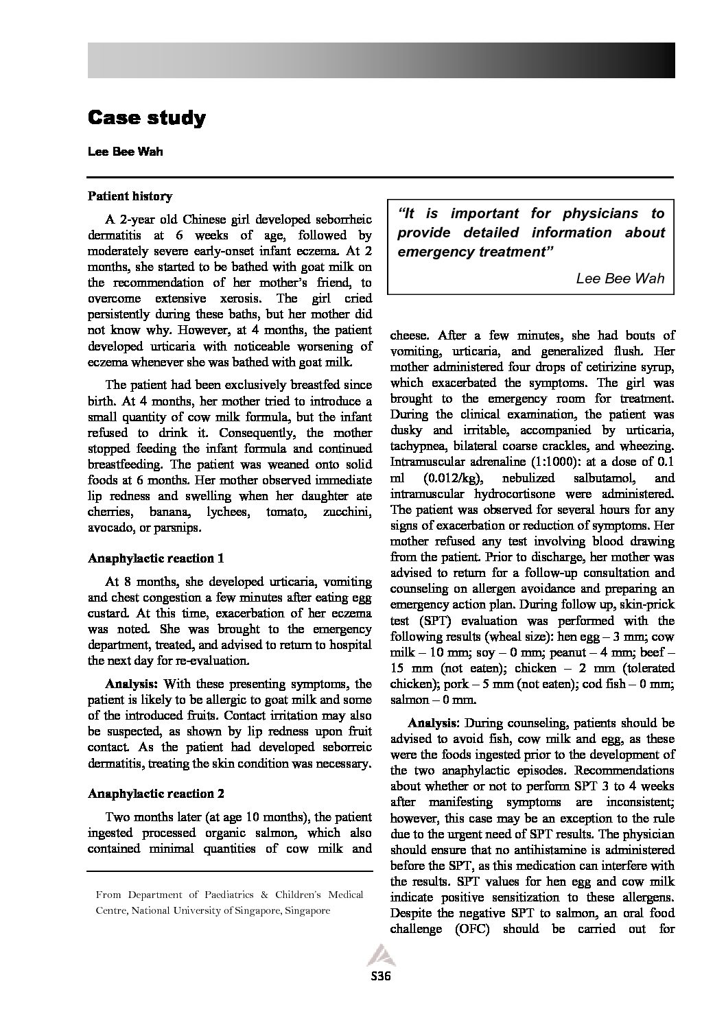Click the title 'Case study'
pyautogui.click(x=146, y=118)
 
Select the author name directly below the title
pyautogui.click(x=125, y=152)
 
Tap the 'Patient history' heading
pyautogui.click(x=130, y=196)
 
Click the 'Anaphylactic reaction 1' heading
pyautogui.click(x=156, y=558)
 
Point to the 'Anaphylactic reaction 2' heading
pyautogui.click(x=156, y=794)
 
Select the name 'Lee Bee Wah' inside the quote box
pyautogui.click(x=620, y=279)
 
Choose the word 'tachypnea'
pyautogui.click(x=419, y=446)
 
